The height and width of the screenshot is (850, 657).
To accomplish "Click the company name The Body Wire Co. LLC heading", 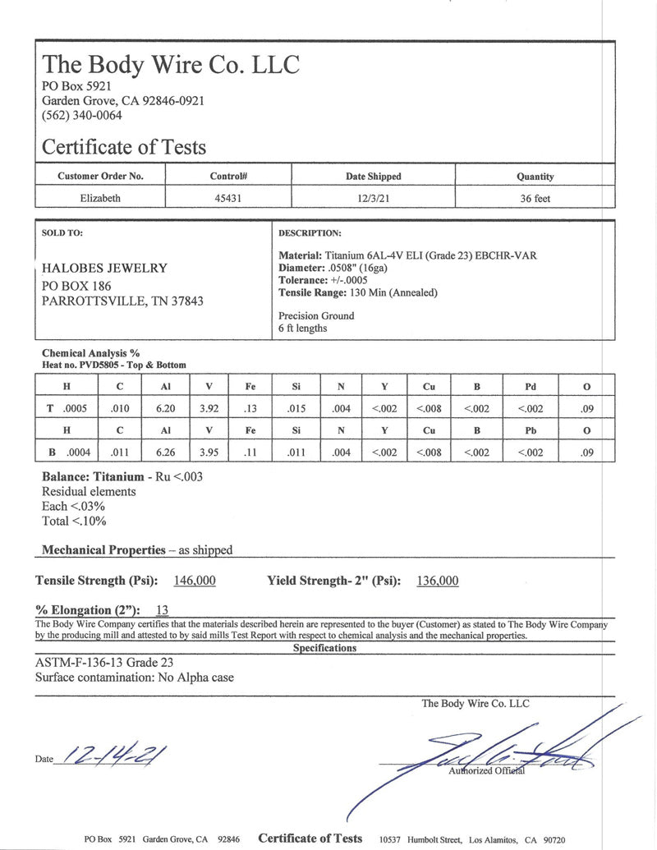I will [171, 64].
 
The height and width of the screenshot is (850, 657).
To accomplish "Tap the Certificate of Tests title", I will [124, 148].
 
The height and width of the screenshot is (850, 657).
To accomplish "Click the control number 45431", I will [228, 198].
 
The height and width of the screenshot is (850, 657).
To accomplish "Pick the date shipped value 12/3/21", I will [373, 198].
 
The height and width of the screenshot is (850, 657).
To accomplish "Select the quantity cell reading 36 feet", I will [535, 198].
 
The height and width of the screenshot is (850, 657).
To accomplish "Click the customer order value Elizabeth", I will [100, 198].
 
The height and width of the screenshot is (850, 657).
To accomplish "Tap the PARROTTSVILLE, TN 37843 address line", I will [122, 301].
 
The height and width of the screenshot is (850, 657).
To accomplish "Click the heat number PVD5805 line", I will [113, 365].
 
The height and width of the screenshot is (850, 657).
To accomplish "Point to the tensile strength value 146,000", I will [195, 581].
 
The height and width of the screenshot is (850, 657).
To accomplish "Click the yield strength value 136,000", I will [438, 581].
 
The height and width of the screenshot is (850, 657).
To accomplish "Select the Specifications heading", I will [324, 648].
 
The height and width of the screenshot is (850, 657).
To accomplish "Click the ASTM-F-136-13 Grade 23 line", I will [104, 663].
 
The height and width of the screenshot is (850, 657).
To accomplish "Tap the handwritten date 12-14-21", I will [108, 754].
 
